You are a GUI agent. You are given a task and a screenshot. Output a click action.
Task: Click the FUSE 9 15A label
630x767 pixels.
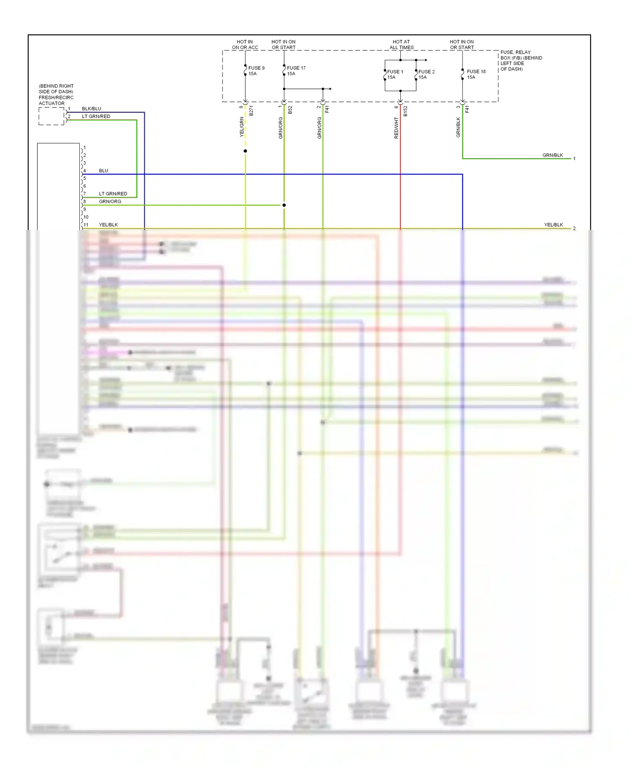point(256,70)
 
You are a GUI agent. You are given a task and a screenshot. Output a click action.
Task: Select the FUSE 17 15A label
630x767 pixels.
point(296,70)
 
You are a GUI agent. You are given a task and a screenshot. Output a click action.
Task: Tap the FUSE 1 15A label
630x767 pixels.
point(395,74)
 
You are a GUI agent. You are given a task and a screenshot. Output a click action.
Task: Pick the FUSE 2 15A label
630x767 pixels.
point(426,74)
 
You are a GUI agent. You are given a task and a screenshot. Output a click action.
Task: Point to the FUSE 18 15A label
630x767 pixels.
point(476,74)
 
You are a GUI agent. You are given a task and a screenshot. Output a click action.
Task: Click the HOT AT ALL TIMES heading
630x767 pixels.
point(402,44)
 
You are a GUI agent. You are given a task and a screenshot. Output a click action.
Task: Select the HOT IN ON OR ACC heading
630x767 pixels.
point(245,44)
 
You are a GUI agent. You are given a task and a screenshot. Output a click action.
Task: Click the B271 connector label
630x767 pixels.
point(251,111)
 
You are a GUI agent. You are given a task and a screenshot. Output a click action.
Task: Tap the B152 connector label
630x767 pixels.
point(405,111)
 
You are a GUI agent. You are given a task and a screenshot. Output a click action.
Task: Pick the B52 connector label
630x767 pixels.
point(290,110)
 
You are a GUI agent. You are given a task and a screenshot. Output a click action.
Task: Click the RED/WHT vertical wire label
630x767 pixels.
point(396,128)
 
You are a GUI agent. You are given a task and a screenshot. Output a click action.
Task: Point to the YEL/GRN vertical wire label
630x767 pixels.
point(241,127)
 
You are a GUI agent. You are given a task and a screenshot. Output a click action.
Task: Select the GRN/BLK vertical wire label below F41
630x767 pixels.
point(458,127)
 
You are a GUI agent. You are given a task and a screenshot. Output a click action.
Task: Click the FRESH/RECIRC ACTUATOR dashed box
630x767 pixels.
point(51,116)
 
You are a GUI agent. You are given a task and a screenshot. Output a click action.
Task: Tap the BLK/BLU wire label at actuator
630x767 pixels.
point(92,109)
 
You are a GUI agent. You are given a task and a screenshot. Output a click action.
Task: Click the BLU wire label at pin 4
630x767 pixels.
point(103,171)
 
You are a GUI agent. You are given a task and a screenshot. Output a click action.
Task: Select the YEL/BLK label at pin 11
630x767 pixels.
point(108,225)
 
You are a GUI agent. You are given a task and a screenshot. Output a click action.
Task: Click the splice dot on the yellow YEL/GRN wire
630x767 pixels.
point(245,151)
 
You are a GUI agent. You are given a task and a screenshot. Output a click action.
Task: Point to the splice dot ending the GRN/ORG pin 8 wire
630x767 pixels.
point(284,205)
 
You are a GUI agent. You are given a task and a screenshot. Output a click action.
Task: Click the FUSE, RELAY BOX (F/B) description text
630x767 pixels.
point(521,60)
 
